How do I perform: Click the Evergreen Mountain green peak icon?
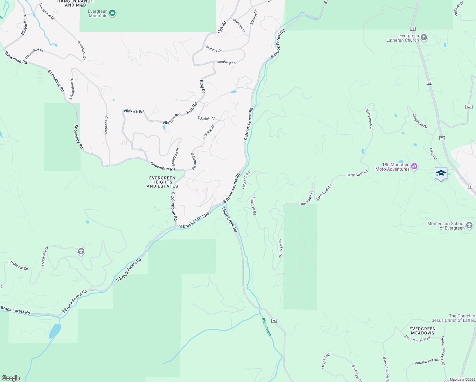tap(112, 13)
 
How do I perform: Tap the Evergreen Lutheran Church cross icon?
tap(423, 38)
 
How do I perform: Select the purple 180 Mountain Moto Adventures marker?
tap(414, 166)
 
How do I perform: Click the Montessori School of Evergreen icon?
tap(469, 226)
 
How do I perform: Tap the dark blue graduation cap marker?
tap(441, 173)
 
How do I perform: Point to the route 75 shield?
tap(274, 321)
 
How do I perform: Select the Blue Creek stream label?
tap(266, 327)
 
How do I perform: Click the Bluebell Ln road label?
tap(24, 25)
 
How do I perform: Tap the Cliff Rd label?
tap(222, 27)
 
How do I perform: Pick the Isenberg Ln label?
tap(226, 62)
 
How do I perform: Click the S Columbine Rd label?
tap(174, 206)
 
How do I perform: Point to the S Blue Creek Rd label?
tap(229, 219)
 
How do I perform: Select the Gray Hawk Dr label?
tap(306, 198)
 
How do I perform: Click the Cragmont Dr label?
tap(419, 121)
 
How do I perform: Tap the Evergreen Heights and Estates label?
tap(162, 182)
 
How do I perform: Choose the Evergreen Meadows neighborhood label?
tap(423, 331)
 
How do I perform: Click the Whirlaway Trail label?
tap(426, 362)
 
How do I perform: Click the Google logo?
tap(10, 378)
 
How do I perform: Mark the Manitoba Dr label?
tap(175, 156)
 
